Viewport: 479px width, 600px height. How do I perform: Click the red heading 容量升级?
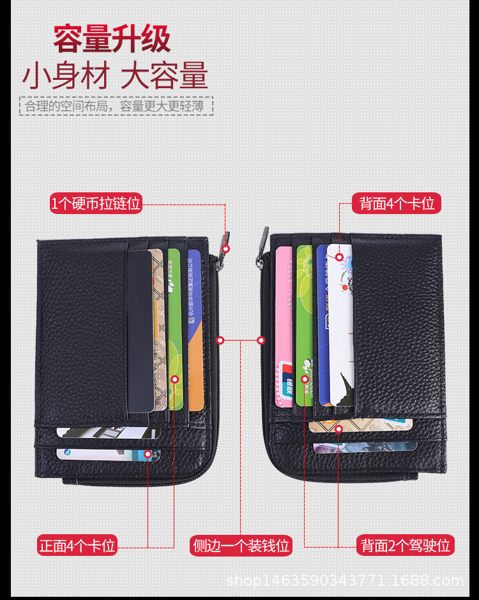click(112, 38)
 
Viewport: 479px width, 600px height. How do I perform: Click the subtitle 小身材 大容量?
click(116, 76)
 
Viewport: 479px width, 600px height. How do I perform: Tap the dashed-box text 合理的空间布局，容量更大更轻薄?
click(116, 106)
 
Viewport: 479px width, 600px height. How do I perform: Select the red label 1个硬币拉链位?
click(96, 204)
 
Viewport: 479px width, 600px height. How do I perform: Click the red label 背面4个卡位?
click(397, 204)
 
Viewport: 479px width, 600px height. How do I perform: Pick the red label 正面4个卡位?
click(77, 546)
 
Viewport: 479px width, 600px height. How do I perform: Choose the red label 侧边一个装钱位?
click(241, 546)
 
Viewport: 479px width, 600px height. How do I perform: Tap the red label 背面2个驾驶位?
click(406, 546)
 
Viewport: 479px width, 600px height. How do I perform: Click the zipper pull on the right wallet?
click(261, 245)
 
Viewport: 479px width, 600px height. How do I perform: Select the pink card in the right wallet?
click(284, 326)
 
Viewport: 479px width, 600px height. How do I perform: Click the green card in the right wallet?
click(304, 326)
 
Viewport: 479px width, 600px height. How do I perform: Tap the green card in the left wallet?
click(174, 326)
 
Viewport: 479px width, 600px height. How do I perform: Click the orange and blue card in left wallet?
click(195, 329)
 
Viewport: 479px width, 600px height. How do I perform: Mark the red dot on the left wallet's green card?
click(176, 379)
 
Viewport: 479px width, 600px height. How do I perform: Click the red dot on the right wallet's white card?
click(340, 258)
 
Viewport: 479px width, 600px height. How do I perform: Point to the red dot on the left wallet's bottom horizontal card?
click(148, 454)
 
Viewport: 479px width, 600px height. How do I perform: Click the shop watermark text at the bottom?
click(345, 581)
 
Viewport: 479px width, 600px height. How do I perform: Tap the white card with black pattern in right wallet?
click(342, 326)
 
